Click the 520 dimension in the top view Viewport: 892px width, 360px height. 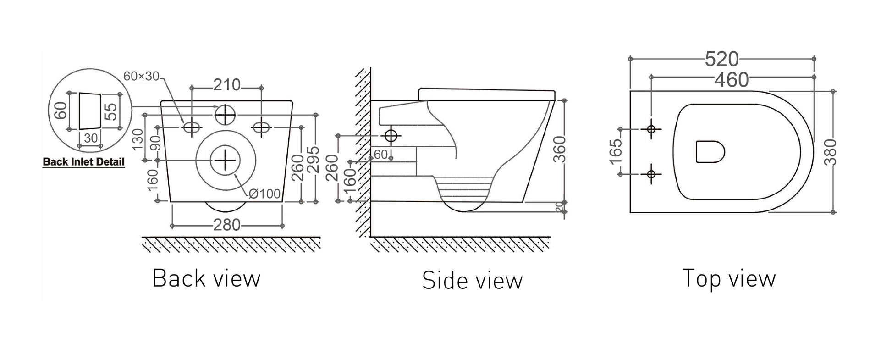(x=721, y=59)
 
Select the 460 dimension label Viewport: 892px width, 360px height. (x=732, y=80)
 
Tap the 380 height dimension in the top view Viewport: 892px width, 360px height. (x=830, y=152)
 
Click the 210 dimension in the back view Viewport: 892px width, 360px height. (x=227, y=85)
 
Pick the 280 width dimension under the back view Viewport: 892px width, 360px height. (x=227, y=225)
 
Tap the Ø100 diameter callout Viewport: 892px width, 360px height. (x=264, y=194)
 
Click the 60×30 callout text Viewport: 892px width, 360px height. (x=141, y=77)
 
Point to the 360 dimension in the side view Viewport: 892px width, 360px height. (x=559, y=149)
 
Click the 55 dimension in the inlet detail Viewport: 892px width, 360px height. (x=110, y=111)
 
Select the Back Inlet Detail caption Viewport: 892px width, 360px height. (x=83, y=162)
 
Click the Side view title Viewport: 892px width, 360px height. (x=472, y=280)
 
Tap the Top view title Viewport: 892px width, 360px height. (x=729, y=278)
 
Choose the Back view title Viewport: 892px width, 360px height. (x=206, y=278)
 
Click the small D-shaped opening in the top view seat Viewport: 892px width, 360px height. (x=710, y=152)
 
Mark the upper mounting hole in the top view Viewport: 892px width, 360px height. (x=651, y=129)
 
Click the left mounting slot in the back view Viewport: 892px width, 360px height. (x=192, y=127)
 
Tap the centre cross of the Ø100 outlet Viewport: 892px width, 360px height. (x=225, y=160)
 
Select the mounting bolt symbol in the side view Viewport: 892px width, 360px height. (x=391, y=136)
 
